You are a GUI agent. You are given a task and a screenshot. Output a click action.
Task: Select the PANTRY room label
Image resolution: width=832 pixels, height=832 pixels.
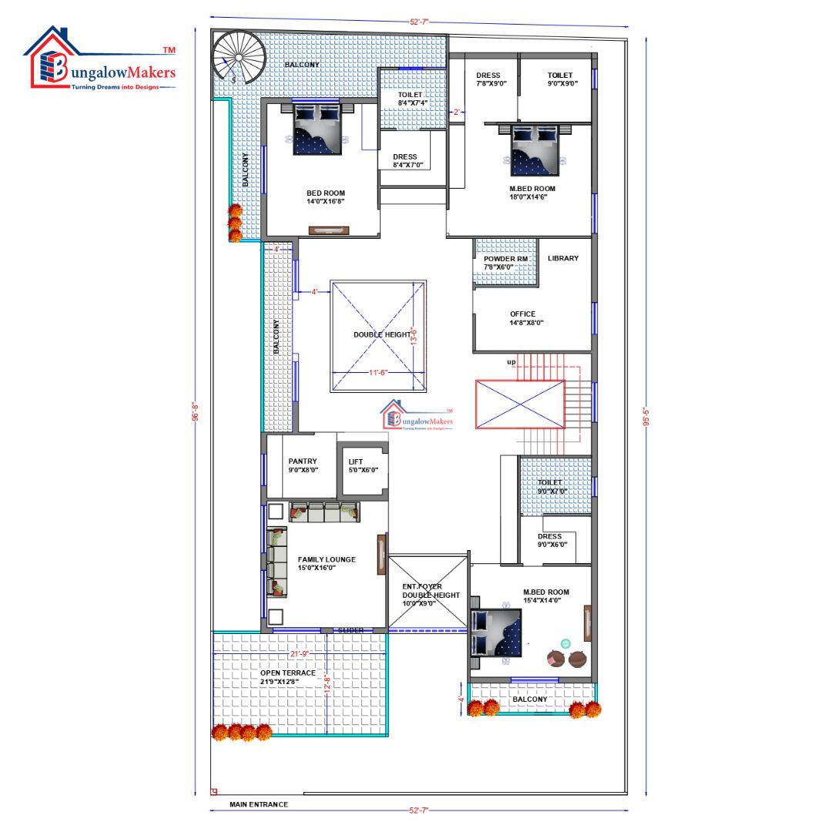[x=303, y=465]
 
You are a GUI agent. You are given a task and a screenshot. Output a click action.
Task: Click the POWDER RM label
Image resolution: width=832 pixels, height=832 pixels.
[x=505, y=263]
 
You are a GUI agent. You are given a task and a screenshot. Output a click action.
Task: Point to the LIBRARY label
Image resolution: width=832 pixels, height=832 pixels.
[x=563, y=258]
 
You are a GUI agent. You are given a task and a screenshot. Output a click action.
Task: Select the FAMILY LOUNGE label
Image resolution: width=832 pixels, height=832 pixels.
[x=327, y=563]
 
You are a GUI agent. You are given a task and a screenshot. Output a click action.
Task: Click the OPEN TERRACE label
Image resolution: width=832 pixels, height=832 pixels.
[x=287, y=677]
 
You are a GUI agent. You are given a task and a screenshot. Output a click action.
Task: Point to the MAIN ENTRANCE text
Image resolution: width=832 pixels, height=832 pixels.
[x=259, y=804]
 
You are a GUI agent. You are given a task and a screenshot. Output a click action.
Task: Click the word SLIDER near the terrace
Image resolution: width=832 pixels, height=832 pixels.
[x=351, y=630]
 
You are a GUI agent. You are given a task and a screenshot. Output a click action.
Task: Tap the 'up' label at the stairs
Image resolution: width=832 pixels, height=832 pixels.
[x=511, y=361]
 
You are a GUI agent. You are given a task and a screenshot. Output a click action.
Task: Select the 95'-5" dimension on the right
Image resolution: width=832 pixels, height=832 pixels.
[x=646, y=416]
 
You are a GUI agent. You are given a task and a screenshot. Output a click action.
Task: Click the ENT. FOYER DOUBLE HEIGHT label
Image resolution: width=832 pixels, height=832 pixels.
[x=431, y=595]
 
